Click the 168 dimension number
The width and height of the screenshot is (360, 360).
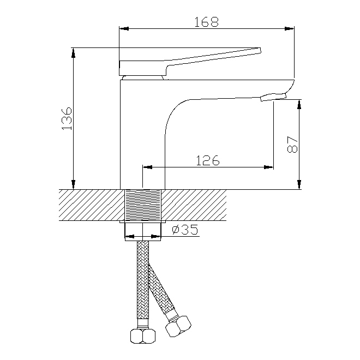206,22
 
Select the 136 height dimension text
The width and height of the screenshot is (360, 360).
67,118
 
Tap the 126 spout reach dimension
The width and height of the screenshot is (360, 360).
208,160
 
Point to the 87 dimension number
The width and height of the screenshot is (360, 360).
292,145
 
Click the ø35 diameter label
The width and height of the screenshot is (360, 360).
185,230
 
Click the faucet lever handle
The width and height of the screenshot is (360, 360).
190,61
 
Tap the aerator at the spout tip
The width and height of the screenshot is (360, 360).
273,97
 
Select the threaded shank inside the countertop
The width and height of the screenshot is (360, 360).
143,205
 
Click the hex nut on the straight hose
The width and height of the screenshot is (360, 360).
142,337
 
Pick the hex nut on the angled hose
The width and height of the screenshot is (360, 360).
178,327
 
